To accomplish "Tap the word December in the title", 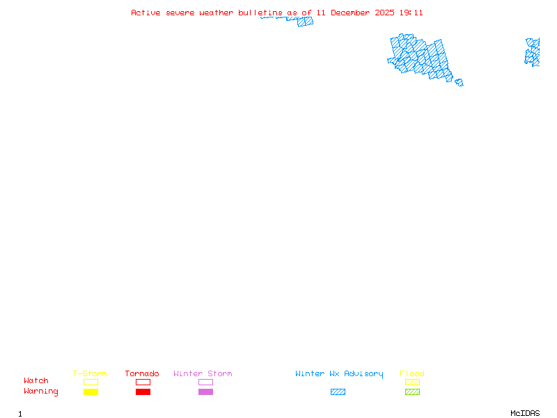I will tap(354, 13).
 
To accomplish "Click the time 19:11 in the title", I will tap(411, 13).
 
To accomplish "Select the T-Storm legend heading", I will tap(90, 373).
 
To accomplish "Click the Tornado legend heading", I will tap(142, 373).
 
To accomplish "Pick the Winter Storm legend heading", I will tap(203, 373).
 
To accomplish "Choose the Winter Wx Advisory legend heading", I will tap(339, 373).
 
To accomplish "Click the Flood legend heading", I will tap(411, 373).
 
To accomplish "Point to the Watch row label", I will tap(36, 381).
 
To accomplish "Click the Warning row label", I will tap(41, 392).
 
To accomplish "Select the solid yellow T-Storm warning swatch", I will tap(91, 392).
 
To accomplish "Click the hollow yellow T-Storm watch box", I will tap(91, 382).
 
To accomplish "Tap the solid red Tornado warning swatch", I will tap(143, 392).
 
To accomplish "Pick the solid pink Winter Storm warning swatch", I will tap(205, 392).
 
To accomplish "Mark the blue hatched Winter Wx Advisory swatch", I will tap(338, 392).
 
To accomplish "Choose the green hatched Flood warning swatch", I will tap(412, 392).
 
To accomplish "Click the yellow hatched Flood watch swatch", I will tap(412, 382).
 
